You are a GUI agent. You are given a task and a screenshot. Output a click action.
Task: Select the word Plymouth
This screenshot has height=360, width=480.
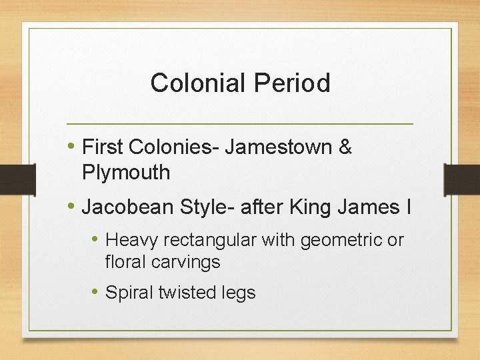(x=126, y=173)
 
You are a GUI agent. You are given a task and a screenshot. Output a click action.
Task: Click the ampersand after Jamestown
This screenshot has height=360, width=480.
(x=345, y=146)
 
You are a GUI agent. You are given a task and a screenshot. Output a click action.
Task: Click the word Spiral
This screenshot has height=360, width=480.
(x=129, y=292)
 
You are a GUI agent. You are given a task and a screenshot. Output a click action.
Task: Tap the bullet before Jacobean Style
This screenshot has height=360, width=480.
(x=71, y=207)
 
